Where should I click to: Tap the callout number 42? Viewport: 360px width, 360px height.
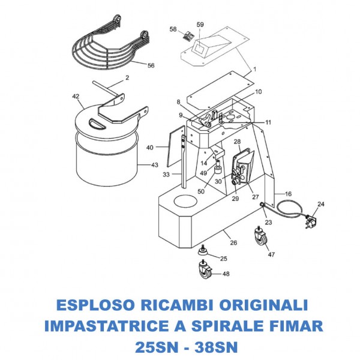click(76, 96)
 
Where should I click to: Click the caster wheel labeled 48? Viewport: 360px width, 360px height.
click(205, 273)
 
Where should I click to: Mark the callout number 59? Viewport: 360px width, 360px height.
click(200, 25)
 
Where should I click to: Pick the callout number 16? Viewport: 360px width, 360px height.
click(288, 194)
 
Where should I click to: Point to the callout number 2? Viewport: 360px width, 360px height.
click(127, 78)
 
